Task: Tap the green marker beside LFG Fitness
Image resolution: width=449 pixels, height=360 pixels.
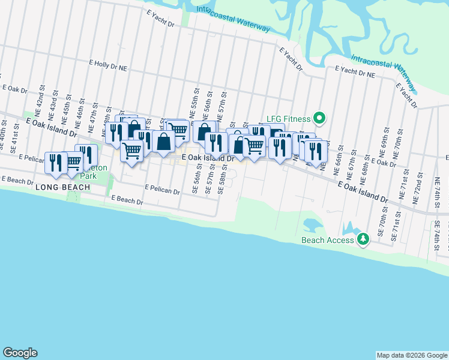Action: click(x=320, y=118)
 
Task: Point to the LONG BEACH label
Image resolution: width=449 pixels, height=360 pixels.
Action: click(x=62, y=187)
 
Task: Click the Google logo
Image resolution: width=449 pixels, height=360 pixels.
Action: click(x=20, y=353)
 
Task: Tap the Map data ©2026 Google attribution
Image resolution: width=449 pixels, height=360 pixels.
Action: click(x=412, y=355)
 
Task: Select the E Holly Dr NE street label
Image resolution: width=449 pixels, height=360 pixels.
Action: click(x=109, y=64)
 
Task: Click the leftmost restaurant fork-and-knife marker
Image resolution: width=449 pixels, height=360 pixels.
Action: click(x=56, y=163)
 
